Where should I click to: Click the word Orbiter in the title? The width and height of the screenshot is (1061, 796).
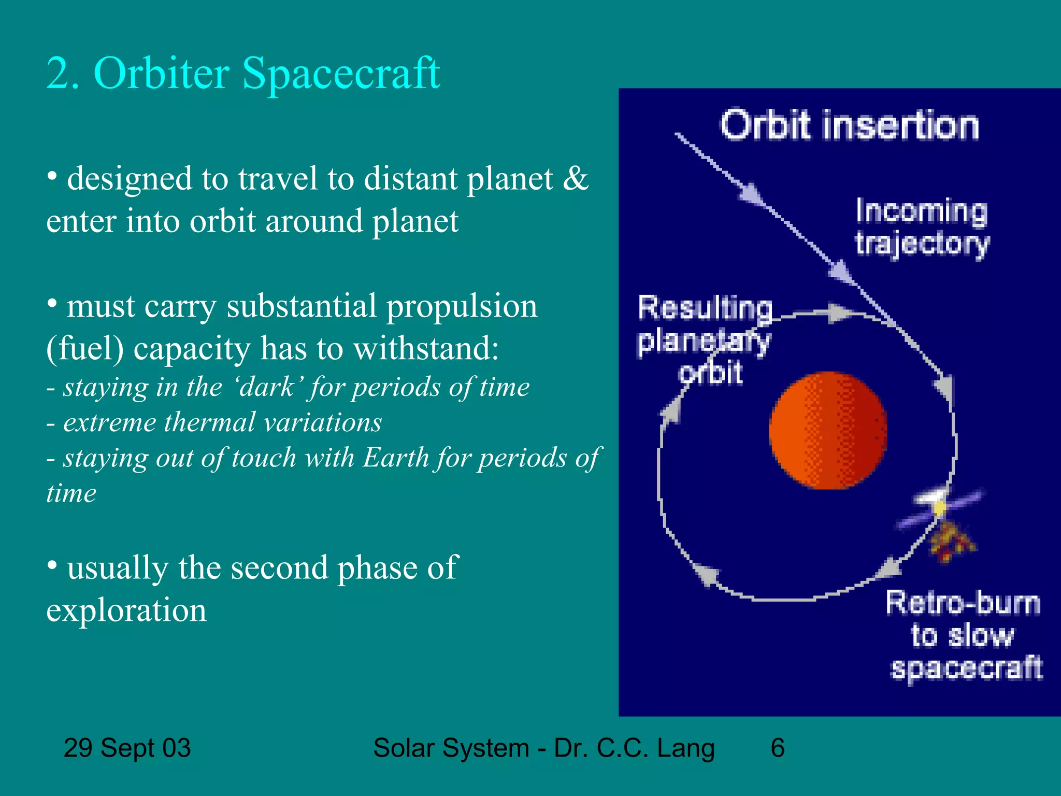[x=161, y=73]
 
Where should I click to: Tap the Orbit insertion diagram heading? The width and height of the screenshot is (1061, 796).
[x=850, y=125]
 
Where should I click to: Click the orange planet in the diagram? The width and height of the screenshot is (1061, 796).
[x=827, y=430]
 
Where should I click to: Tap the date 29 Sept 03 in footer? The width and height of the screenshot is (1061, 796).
[x=127, y=748]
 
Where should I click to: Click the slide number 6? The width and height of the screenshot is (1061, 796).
[x=777, y=748]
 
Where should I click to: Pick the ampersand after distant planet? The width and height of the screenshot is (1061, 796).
[x=576, y=179]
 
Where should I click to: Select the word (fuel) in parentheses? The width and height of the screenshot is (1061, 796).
[x=85, y=348]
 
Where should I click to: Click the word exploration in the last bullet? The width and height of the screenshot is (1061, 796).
[x=126, y=610]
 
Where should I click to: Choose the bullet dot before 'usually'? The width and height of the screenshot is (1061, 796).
[x=52, y=564]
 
